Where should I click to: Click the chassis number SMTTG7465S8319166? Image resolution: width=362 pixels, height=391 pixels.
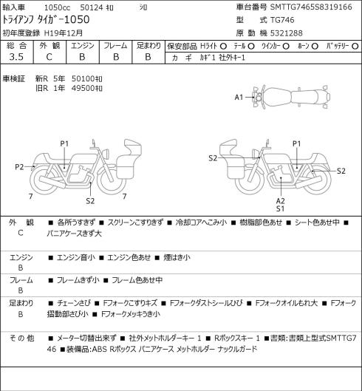311,7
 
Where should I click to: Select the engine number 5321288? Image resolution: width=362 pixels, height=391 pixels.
287,33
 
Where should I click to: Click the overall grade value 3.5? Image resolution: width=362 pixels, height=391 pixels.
16,57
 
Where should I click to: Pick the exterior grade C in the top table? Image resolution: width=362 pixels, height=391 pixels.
49,57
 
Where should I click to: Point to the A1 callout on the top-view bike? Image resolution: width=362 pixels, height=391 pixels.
239,97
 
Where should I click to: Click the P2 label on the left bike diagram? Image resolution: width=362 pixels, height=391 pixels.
19,167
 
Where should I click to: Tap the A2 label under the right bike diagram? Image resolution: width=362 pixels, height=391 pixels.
281,201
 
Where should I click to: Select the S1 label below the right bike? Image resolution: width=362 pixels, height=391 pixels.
281,208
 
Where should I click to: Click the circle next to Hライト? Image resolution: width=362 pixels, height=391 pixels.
223,47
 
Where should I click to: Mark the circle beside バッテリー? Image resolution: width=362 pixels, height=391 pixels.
355,47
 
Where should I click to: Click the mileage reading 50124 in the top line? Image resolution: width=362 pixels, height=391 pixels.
92,7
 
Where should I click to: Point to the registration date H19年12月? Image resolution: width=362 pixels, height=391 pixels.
64,33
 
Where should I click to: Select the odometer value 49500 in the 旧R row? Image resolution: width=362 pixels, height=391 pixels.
83,88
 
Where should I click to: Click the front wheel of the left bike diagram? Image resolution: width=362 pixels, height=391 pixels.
112,180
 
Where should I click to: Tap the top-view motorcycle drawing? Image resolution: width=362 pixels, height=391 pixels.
291,97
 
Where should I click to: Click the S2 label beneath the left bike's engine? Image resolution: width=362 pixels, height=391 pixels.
90,201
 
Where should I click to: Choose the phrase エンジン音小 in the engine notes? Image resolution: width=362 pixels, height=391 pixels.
76,257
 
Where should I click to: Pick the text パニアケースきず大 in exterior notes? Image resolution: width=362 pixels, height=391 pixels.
75,234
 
